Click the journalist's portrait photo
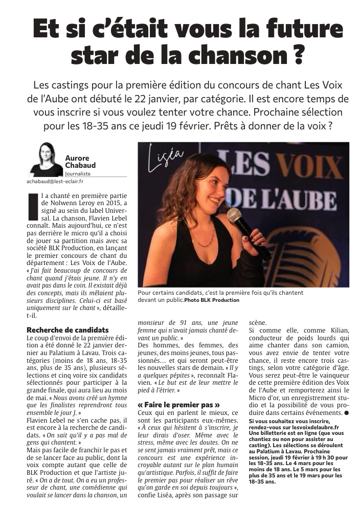(x=46, y=159)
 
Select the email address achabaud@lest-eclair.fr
(x=55, y=181)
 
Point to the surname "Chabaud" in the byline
(x=80, y=165)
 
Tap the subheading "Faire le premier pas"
(x=178, y=404)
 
